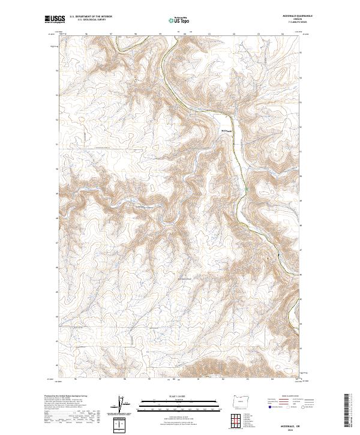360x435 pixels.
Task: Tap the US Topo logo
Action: pyautogui.click(x=179, y=20)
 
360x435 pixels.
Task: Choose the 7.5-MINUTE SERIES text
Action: pyautogui.click(x=298, y=23)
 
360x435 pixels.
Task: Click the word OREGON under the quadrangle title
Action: pyautogui.click(x=298, y=20)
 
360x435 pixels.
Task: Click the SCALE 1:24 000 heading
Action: pyautogui.click(x=179, y=395)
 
